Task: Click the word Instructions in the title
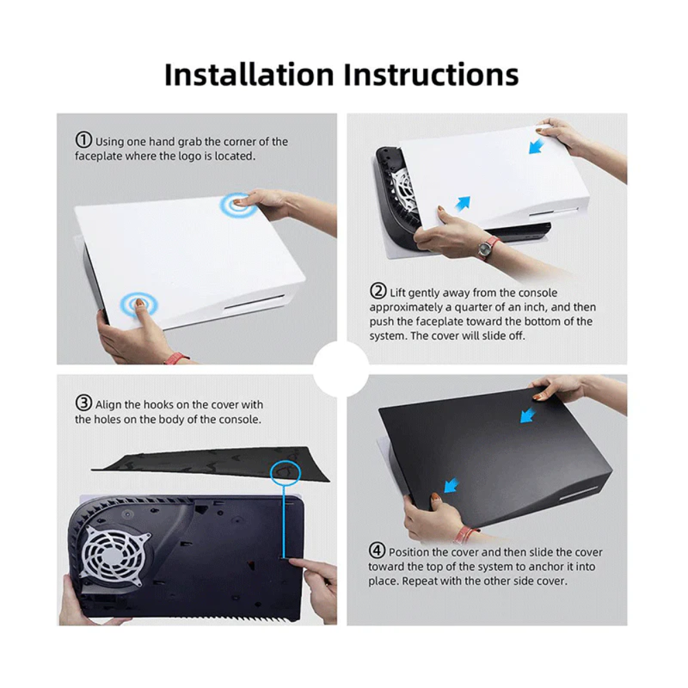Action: pos(427,74)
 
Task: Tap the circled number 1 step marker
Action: pos(83,140)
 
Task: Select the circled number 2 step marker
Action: pos(378,291)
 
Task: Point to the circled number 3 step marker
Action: pos(83,403)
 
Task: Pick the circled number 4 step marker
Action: pos(377,551)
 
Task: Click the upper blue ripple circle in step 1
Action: pos(238,204)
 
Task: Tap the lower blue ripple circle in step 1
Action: pos(140,303)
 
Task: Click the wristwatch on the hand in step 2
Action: pos(487,246)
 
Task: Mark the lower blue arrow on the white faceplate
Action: pos(463,203)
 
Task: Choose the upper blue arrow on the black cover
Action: pos(528,415)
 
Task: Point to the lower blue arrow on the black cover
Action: pos(451,486)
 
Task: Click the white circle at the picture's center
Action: pos(341,369)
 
